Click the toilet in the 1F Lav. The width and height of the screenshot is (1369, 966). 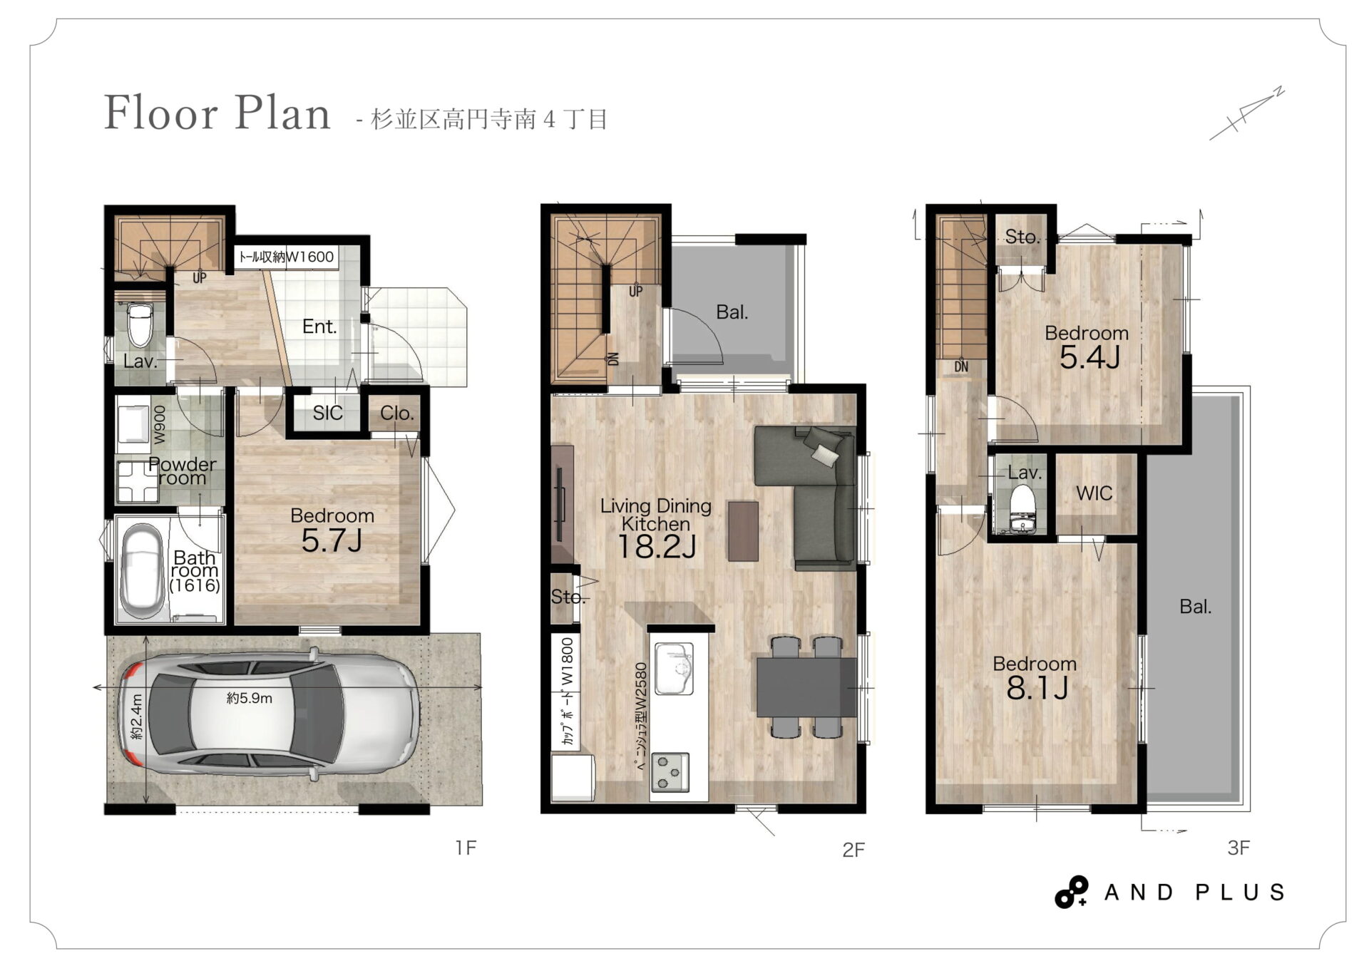(140, 324)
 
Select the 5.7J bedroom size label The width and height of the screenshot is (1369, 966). (332, 541)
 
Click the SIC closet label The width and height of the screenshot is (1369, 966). (327, 413)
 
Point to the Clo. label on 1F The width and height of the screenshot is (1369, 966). (396, 413)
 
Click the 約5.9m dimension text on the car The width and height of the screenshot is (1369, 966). (250, 699)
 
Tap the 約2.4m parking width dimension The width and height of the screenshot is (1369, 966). (136, 716)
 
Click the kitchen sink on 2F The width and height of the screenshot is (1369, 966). (674, 669)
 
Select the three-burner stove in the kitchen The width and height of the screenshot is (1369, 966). (670, 772)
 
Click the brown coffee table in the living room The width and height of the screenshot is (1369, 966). (743, 531)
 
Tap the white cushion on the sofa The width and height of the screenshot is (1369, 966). (825, 454)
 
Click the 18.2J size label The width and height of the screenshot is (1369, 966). (656, 547)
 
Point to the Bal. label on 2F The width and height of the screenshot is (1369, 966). (732, 312)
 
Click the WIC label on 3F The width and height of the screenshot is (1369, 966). (1094, 493)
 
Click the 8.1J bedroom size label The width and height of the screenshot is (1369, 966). (1036, 689)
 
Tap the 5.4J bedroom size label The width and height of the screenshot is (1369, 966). (1089, 357)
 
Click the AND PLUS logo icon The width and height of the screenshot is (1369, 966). (1072, 892)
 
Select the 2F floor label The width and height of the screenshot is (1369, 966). (853, 850)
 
